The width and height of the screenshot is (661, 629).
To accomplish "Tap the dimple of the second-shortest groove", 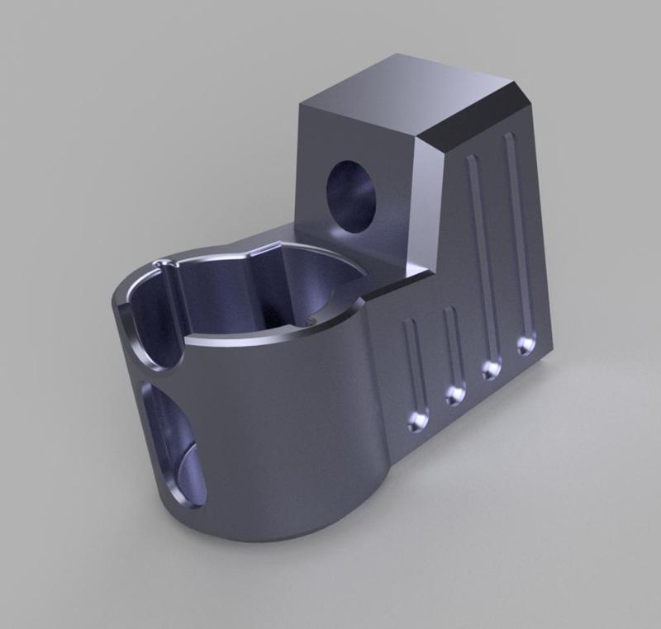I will point(455,394).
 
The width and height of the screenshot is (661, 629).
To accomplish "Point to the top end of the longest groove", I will point(509,140).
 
